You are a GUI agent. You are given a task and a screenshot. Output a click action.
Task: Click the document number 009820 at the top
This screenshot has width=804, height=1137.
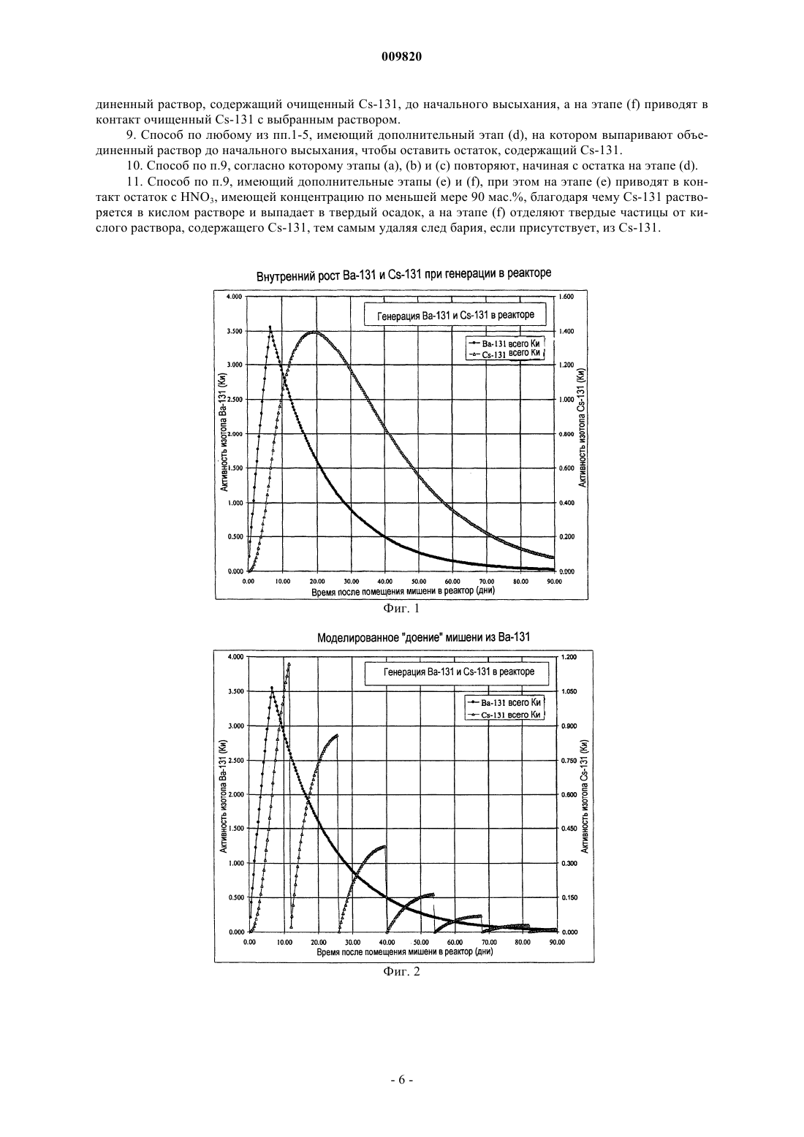tap(401, 57)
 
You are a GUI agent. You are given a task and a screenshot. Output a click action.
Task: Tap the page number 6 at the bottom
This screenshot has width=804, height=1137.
tap(401, 1095)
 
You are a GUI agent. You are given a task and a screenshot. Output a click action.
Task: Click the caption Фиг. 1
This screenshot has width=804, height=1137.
tap(401, 608)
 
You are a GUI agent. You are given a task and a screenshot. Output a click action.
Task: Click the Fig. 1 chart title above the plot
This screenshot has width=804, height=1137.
tap(404, 275)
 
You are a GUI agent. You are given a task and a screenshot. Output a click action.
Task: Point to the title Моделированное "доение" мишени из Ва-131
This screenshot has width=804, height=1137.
tap(423, 637)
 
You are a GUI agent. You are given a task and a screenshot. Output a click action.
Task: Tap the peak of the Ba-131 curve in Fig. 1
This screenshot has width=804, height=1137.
tap(270, 327)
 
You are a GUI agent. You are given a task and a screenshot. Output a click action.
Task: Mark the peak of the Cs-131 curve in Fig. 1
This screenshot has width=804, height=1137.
tap(315, 332)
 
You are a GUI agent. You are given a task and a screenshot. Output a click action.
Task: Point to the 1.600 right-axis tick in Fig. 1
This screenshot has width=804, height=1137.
tap(566, 297)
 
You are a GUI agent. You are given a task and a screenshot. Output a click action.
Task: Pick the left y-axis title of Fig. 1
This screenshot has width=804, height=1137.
tap(224, 433)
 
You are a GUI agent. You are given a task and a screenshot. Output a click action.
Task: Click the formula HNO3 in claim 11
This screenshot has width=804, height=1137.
tap(189, 197)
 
